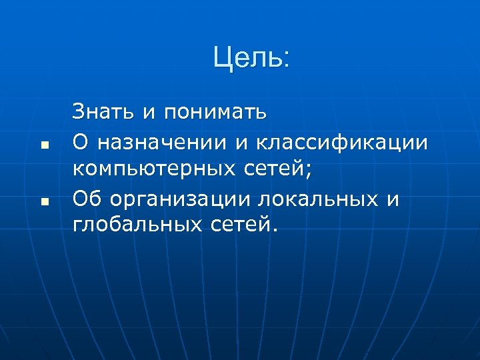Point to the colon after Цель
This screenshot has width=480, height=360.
[287, 61]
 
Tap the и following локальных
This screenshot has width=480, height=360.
[393, 199]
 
